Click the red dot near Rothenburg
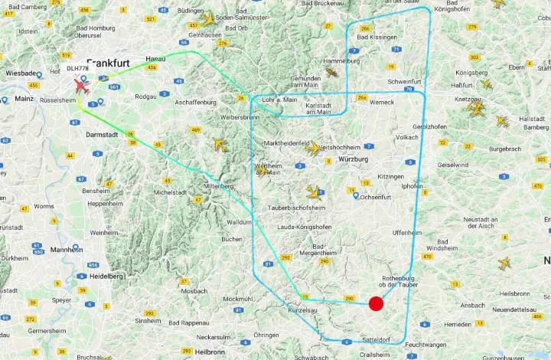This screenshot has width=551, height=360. (376, 303)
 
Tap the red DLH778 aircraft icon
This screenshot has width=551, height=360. (81, 86)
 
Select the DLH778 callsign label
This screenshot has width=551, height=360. (77, 69)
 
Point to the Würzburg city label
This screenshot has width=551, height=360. (353, 159)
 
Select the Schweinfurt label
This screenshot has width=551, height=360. (405, 81)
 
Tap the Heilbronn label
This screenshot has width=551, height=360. (209, 352)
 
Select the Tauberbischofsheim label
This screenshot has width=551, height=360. (295, 208)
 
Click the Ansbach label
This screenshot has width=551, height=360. (472, 305)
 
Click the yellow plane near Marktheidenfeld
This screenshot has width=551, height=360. (313, 149)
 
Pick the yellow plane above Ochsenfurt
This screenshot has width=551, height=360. (315, 192)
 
